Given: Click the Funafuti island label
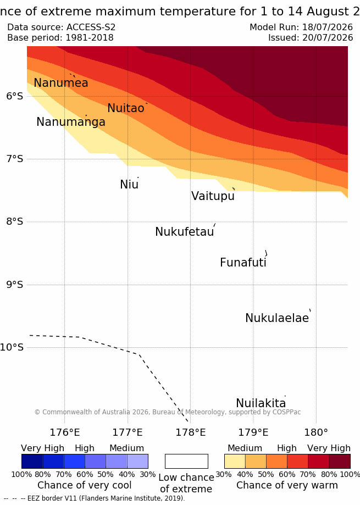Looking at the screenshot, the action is coord(243,263).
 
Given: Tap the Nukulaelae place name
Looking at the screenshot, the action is coord(277,318).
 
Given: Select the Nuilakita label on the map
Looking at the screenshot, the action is coord(261,403).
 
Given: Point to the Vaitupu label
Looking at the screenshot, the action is coord(213,196).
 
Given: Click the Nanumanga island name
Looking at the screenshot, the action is coord(71,122).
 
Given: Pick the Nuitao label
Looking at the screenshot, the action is coord(125,108).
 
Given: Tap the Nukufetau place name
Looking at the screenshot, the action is coord(185,231).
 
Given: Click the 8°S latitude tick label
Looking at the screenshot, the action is coord(15,221).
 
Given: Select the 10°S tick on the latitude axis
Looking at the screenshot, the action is coord(12,347).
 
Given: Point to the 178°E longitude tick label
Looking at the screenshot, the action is coord(190,432).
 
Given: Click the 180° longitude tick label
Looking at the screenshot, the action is coord(316,432).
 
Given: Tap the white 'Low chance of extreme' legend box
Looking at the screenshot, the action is coord(186,461).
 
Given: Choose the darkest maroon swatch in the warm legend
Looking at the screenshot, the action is coord(340,461).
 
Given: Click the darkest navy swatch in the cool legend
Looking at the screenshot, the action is coord(32,461).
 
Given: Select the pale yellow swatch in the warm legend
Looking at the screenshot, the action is coord(235,461).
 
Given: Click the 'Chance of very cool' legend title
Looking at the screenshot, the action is coord(84,485).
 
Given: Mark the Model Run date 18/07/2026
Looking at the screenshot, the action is coord(328,27).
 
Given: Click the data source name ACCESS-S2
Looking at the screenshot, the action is coord(91,27).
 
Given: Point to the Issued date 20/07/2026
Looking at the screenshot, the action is coord(328,38).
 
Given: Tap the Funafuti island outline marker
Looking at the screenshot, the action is coord(267,253).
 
